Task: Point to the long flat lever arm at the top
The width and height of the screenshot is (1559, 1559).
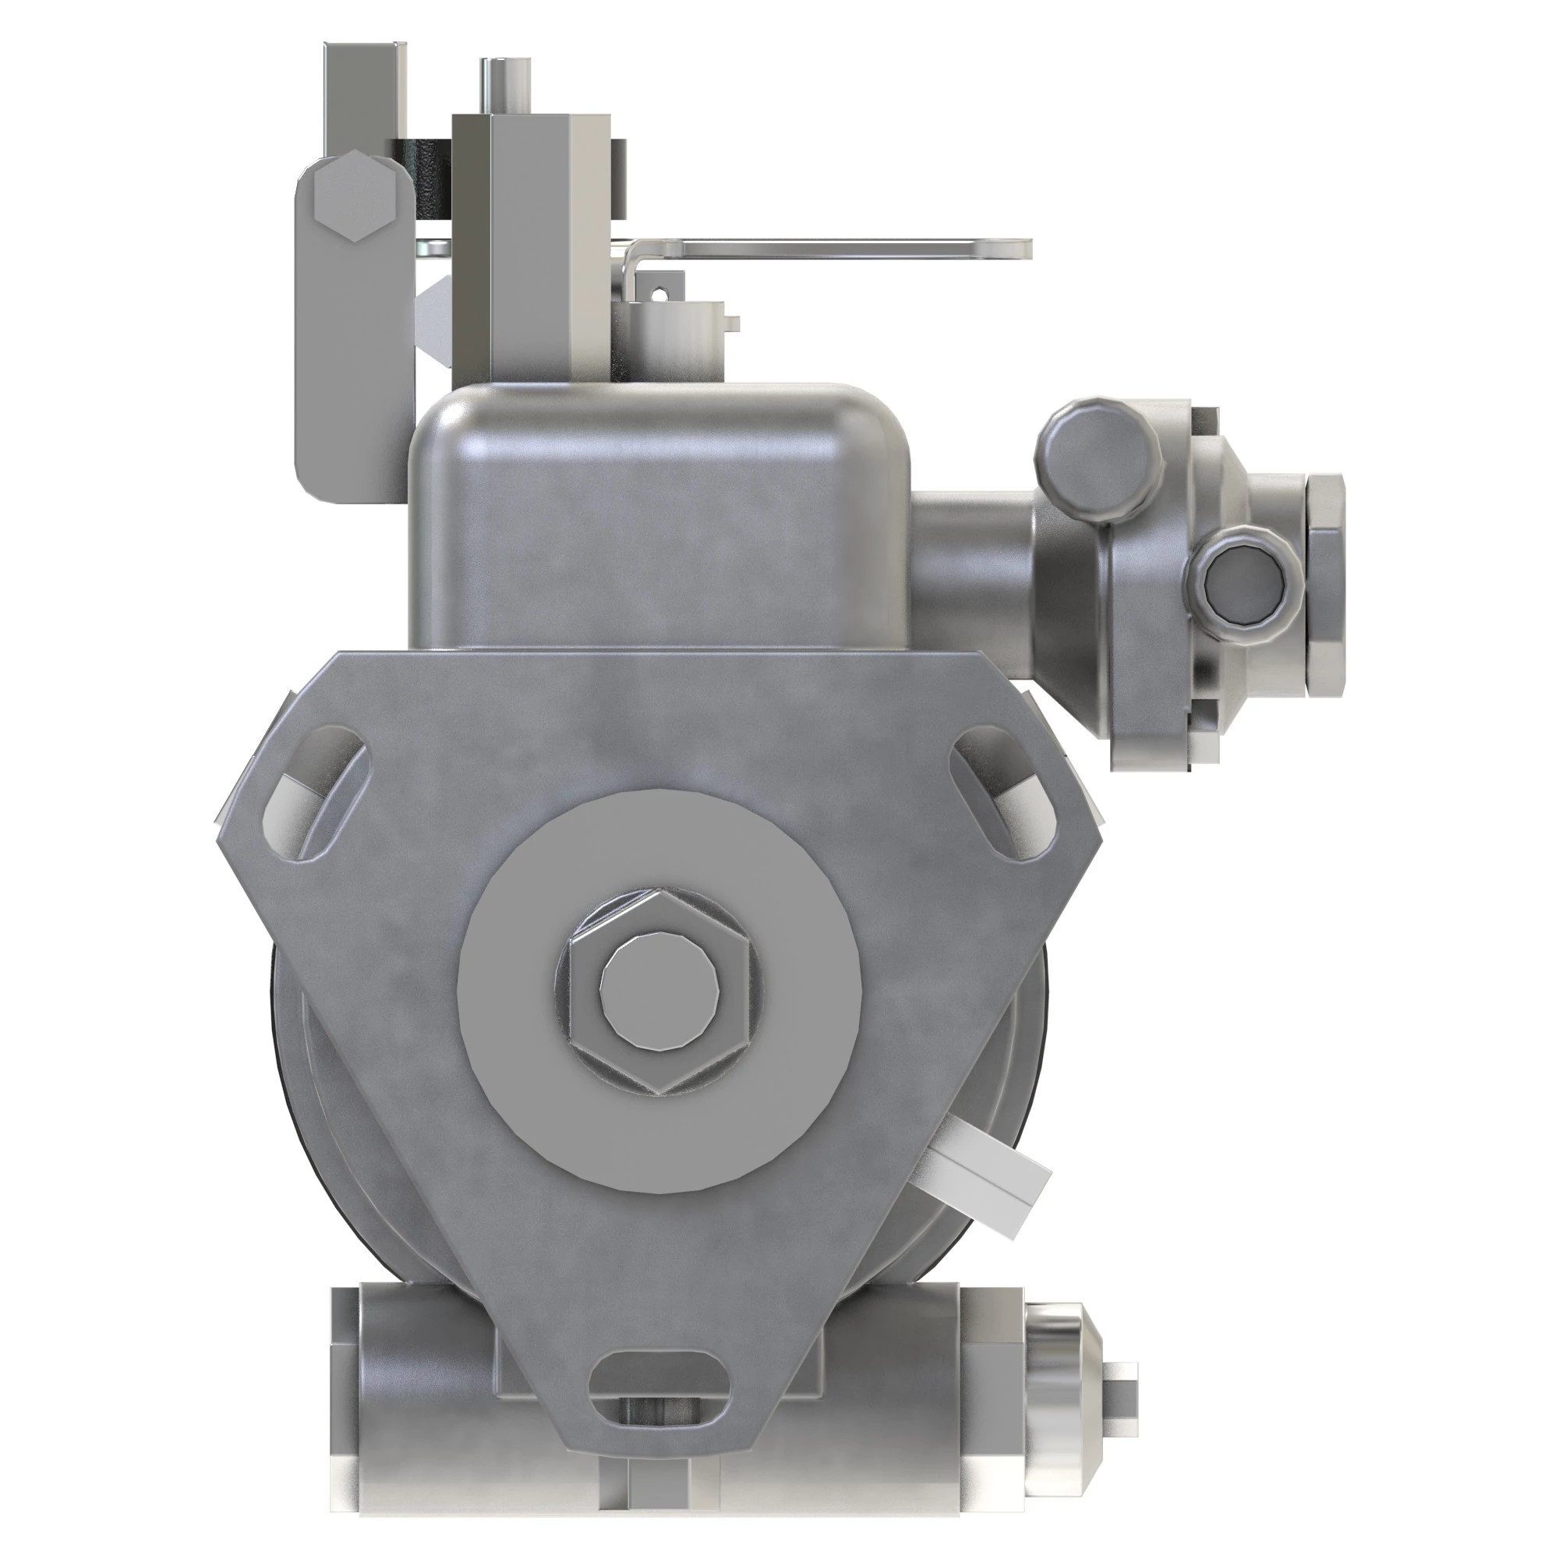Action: pyautogui.click(x=847, y=249)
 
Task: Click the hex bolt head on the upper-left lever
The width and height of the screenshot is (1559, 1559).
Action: pyautogui.click(x=355, y=199)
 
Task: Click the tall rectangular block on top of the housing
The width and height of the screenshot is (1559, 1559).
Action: pyautogui.click(x=532, y=242)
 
